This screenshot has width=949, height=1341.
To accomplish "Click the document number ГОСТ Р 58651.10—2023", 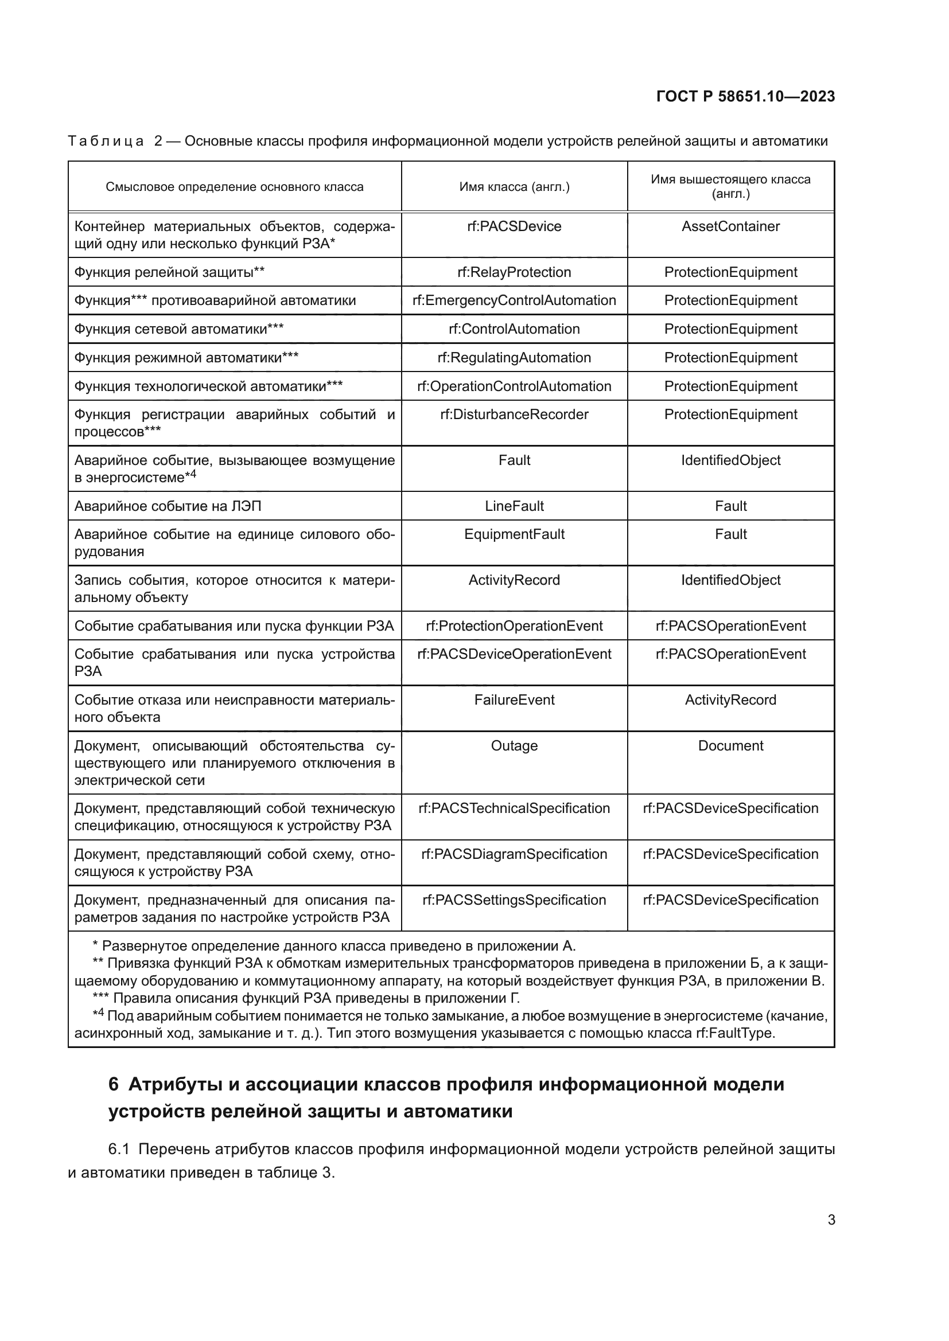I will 745,96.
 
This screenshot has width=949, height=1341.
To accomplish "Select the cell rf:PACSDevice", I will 514,226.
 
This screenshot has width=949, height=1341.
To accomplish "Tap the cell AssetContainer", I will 730,226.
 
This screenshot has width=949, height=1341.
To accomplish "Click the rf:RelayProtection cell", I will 514,272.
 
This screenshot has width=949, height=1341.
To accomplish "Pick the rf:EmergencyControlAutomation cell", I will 514,300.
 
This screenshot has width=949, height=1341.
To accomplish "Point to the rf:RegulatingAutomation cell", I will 514,357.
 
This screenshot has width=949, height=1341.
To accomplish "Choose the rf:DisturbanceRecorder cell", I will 514,415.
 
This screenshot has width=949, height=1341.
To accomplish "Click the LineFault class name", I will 514,506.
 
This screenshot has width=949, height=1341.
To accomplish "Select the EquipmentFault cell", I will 514,534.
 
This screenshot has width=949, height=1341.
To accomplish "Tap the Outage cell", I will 514,746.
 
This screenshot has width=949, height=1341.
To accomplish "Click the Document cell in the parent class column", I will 730,746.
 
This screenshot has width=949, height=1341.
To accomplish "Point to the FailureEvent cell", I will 514,699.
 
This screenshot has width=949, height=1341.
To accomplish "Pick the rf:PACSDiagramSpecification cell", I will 514,854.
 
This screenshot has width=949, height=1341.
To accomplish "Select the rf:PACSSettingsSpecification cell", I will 514,900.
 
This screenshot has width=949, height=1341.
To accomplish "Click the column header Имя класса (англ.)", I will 514,187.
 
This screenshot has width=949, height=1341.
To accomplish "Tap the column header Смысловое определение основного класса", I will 234,187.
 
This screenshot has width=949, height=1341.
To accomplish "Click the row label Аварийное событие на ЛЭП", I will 168,506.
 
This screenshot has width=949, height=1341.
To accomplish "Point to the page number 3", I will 831,1220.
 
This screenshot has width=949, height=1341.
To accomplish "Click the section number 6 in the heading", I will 114,1085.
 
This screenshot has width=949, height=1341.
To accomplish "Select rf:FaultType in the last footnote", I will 733,1033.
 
